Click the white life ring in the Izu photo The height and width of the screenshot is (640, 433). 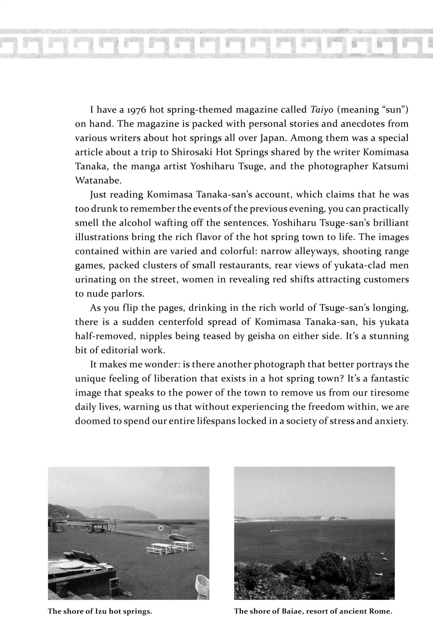tap(161, 528)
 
